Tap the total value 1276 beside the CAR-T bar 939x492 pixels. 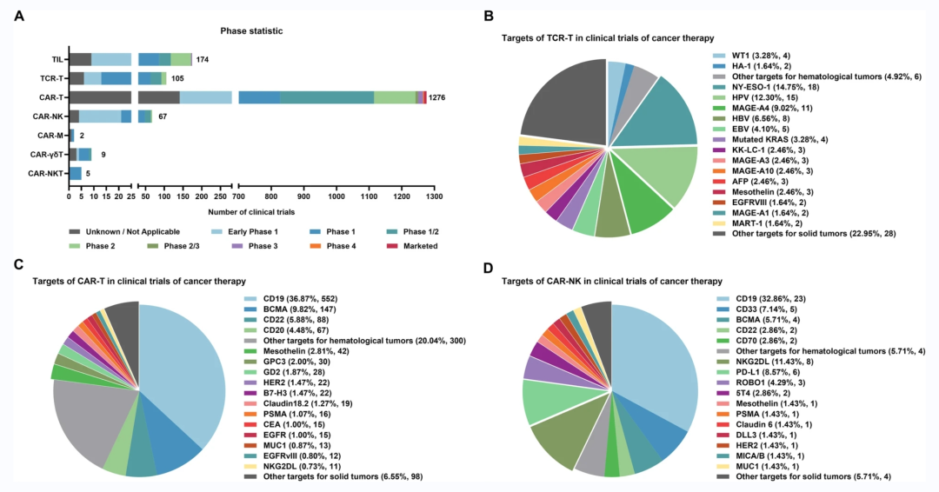click(438, 97)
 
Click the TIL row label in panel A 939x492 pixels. click(56, 59)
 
